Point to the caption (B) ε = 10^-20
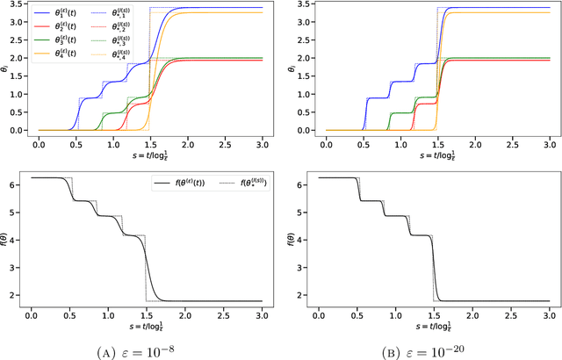pyautogui.click(x=434, y=349)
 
